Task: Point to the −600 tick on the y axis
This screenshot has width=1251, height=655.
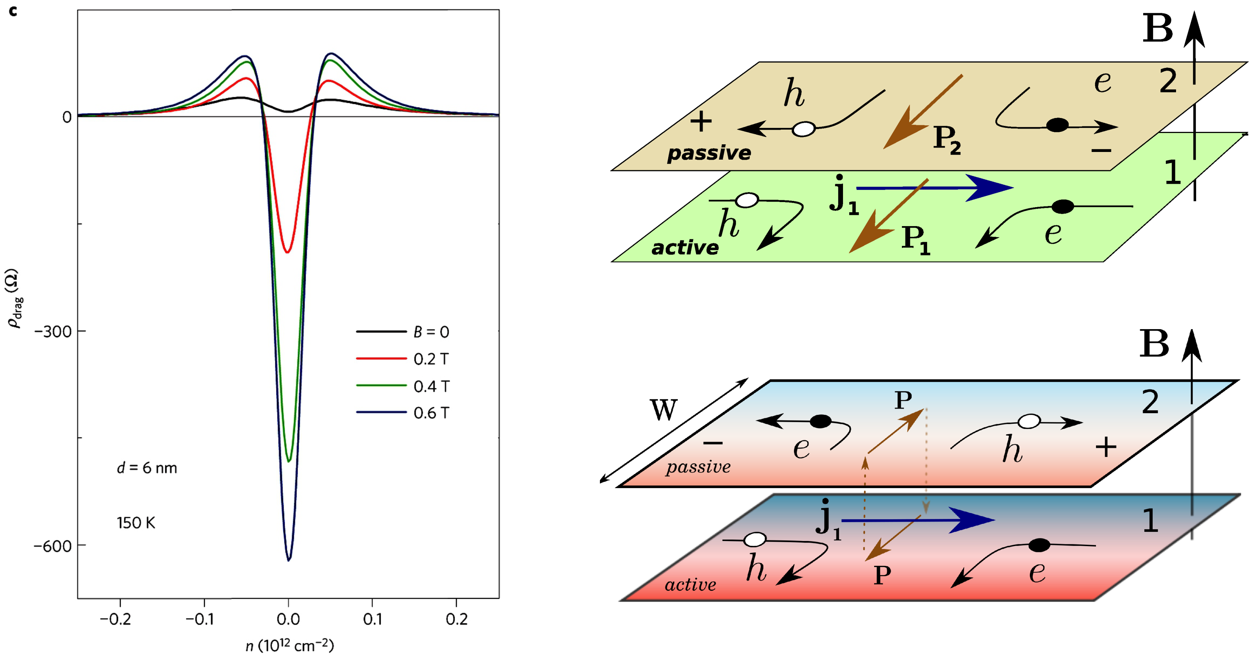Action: click(x=52, y=546)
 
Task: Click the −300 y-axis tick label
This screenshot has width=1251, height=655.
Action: click(x=52, y=332)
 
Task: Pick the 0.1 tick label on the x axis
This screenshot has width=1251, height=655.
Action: click(x=372, y=619)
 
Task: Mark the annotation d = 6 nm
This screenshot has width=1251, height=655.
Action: click(x=147, y=468)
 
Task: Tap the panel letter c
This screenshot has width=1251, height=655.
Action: click(x=13, y=11)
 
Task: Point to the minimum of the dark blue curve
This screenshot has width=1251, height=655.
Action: click(x=288, y=560)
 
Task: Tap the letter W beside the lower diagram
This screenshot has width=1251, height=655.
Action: click(x=664, y=410)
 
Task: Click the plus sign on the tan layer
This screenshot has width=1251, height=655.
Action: click(x=701, y=121)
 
